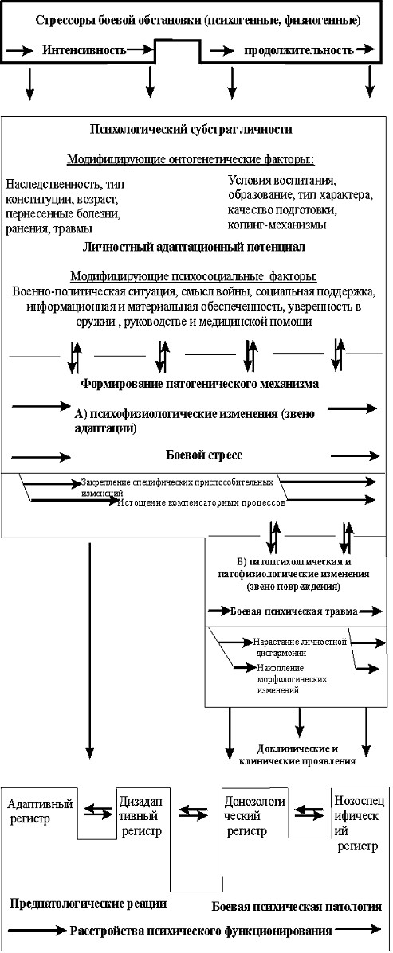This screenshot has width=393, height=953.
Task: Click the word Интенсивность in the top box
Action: click(84, 50)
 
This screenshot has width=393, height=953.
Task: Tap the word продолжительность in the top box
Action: click(300, 49)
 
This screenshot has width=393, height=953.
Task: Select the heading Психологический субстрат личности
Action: click(191, 129)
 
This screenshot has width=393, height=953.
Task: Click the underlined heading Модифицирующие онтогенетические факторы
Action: click(191, 161)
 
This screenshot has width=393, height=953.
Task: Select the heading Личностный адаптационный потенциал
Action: click(194, 248)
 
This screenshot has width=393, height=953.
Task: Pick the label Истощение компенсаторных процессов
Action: click(202, 503)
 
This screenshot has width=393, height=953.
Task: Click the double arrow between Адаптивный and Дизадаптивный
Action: click(98, 810)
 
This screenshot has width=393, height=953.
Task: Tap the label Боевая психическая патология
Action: click(297, 906)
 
